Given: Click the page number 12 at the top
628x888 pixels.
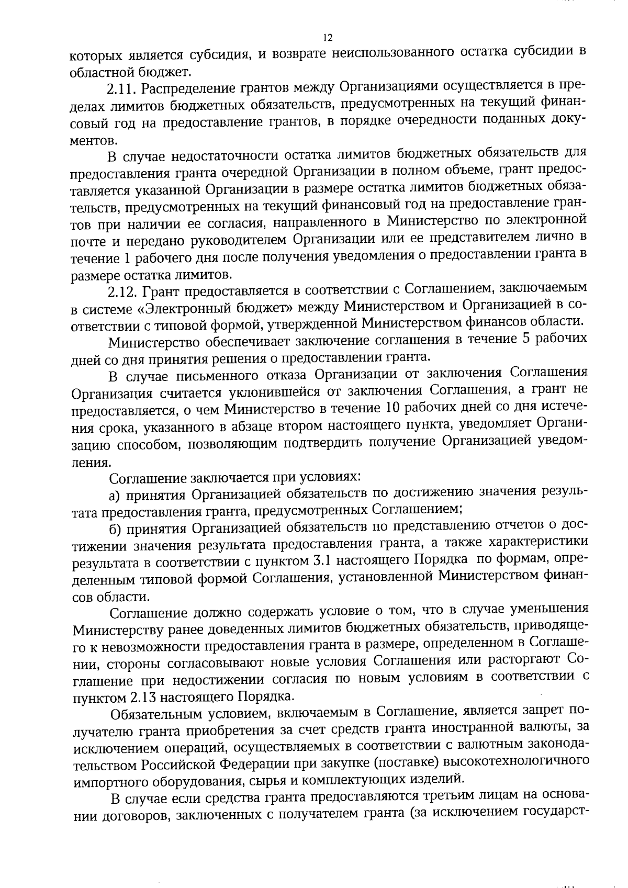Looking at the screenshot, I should click(328, 38).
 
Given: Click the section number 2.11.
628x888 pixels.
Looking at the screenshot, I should click(122, 89).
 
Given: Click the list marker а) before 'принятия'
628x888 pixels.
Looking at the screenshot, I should click(115, 493).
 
